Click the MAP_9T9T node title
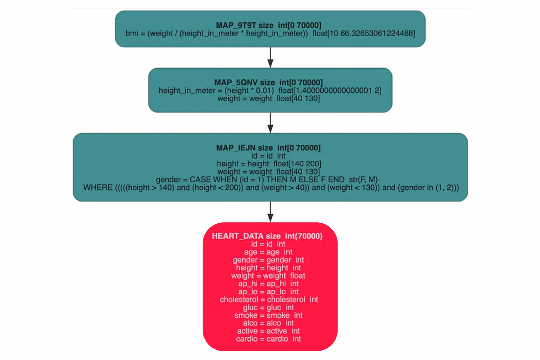click(x=268, y=25)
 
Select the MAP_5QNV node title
click(x=268, y=83)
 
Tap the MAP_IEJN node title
click(x=268, y=148)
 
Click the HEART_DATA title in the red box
click(x=267, y=236)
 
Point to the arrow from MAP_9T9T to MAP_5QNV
click(x=270, y=57)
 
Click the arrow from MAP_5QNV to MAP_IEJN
click(x=270, y=123)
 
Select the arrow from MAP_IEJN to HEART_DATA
click(x=270, y=212)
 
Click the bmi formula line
click(x=270, y=33)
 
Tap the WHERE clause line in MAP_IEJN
click(x=271, y=187)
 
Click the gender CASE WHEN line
click(x=267, y=180)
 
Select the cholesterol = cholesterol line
click(x=269, y=299)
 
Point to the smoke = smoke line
click(x=268, y=315)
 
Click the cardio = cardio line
click(x=268, y=339)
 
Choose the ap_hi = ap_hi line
click(x=268, y=284)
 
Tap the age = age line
click(x=268, y=252)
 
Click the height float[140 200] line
click(x=269, y=164)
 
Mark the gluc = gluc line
click(x=268, y=307)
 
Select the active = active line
click(x=268, y=331)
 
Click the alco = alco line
click(x=268, y=323)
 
